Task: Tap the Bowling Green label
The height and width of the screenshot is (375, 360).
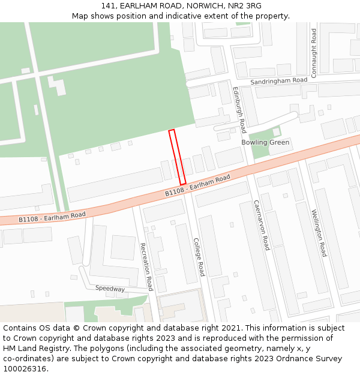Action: [x=266, y=142]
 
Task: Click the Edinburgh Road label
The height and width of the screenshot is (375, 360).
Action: [x=239, y=110]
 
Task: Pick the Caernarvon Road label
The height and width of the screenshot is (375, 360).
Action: [x=260, y=225]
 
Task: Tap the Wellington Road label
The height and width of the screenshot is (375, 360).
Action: [x=318, y=233]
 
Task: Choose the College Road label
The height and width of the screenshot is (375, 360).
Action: [x=199, y=257]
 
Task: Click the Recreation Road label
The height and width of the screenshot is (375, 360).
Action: [x=146, y=267]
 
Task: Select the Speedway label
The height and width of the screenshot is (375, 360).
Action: [x=110, y=289]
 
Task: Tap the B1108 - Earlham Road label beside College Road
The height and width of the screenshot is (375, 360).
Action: [x=198, y=185]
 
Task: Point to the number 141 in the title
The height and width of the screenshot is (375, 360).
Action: [x=108, y=5]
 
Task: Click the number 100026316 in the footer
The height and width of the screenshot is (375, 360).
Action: [x=24, y=368]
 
